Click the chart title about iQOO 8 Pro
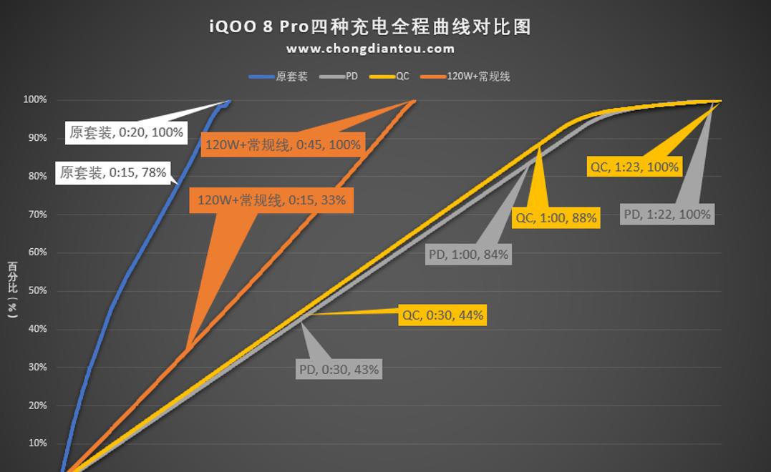click(x=370, y=27)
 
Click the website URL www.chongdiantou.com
click(x=370, y=49)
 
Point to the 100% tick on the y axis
click(x=35, y=100)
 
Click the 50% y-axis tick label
click(x=37, y=291)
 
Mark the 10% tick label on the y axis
click(x=37, y=443)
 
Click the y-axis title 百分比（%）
click(x=12, y=289)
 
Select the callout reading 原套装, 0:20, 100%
click(x=126, y=132)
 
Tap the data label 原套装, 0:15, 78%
click(x=113, y=172)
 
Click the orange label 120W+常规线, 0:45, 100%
click(x=283, y=144)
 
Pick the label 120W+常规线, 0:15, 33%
click(x=271, y=200)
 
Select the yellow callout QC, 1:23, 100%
click(x=634, y=167)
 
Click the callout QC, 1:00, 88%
click(x=556, y=217)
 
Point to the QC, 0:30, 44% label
click(x=442, y=315)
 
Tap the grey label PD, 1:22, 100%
click(x=667, y=214)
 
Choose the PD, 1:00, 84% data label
click(x=468, y=254)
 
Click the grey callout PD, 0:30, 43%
click(x=339, y=370)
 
